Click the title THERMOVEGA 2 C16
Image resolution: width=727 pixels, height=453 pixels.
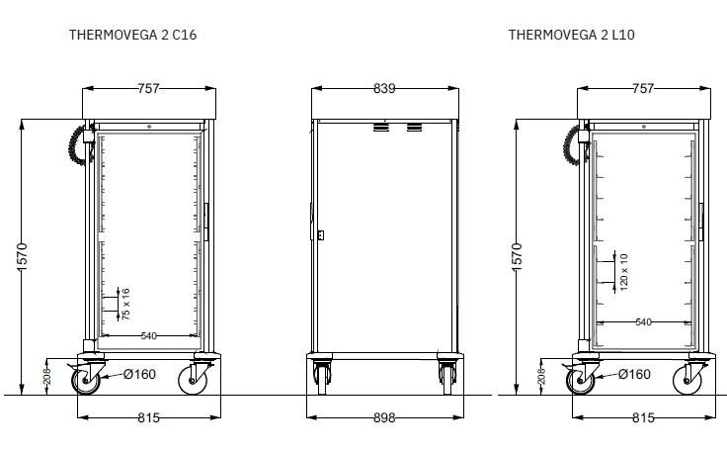tap(132, 35)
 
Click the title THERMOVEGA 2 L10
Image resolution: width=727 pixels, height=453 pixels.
tap(571, 35)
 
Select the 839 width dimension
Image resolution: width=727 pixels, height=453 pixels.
tap(384, 88)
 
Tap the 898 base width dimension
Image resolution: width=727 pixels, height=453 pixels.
tap(384, 417)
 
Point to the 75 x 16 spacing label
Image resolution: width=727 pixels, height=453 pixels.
tap(125, 304)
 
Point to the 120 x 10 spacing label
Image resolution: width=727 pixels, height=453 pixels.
tap(623, 272)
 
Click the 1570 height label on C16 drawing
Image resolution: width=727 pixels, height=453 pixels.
tap(22, 257)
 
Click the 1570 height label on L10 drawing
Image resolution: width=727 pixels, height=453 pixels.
tap(517, 257)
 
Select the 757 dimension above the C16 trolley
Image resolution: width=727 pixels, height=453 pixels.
tap(148, 88)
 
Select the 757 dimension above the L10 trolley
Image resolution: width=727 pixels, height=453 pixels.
tap(643, 88)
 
